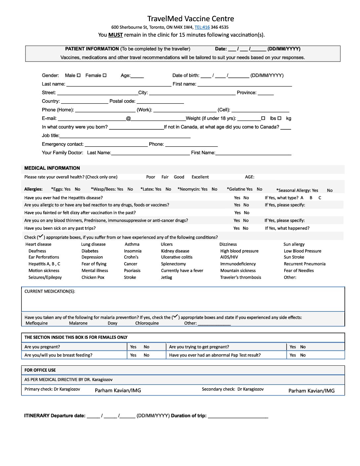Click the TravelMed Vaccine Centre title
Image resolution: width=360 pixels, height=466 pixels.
click(191, 19)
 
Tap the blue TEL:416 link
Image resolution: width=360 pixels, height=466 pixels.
click(202, 27)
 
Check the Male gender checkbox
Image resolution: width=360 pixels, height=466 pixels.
click(79, 75)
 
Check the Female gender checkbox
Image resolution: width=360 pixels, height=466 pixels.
click(105, 75)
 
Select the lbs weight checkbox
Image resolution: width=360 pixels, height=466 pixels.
click(263, 118)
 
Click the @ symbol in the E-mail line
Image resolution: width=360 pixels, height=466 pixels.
click(128, 118)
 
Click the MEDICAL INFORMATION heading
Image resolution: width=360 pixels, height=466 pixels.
click(52, 168)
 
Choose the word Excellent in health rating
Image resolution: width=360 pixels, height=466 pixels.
click(200, 177)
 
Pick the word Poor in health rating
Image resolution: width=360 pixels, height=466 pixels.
click(151, 177)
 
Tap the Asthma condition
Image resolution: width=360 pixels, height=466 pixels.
click(132, 244)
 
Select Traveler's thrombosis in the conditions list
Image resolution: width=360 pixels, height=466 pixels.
click(241, 277)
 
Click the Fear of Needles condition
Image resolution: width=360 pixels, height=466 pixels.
click(299, 270)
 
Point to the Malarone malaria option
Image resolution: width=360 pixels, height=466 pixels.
click(78, 323)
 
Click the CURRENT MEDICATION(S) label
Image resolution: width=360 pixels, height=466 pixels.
click(50, 291)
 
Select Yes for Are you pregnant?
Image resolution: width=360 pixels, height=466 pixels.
click(133, 347)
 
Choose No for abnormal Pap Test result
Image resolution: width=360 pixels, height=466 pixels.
click(303, 355)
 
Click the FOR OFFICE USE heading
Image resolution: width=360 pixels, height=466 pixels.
click(40, 370)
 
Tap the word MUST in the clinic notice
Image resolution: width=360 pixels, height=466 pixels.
click(115, 35)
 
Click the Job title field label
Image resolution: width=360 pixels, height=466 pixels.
click(51, 135)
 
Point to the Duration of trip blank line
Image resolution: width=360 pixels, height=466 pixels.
click(238, 416)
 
